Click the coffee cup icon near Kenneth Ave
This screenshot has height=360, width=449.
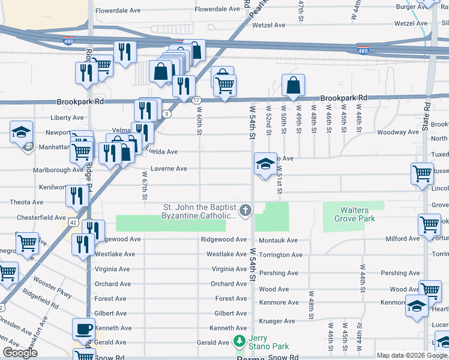tap(83, 329)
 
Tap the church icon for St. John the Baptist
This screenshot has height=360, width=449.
tap(245, 211)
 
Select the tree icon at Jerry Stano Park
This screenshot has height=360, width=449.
tap(240, 341)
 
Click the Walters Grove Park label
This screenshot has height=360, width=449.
tap(358, 214)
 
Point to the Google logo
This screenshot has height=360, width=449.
tap(20, 353)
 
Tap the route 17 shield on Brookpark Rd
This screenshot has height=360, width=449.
tap(197, 100)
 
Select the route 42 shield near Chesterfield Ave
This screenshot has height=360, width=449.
tap(72, 221)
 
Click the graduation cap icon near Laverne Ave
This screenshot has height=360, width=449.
tap(263, 164)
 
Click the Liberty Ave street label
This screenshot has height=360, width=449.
tap(67, 118)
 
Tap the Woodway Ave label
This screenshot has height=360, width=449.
tap(399, 132)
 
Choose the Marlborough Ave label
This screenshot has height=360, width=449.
tap(58, 170)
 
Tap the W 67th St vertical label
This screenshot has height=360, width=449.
tap(145, 189)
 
